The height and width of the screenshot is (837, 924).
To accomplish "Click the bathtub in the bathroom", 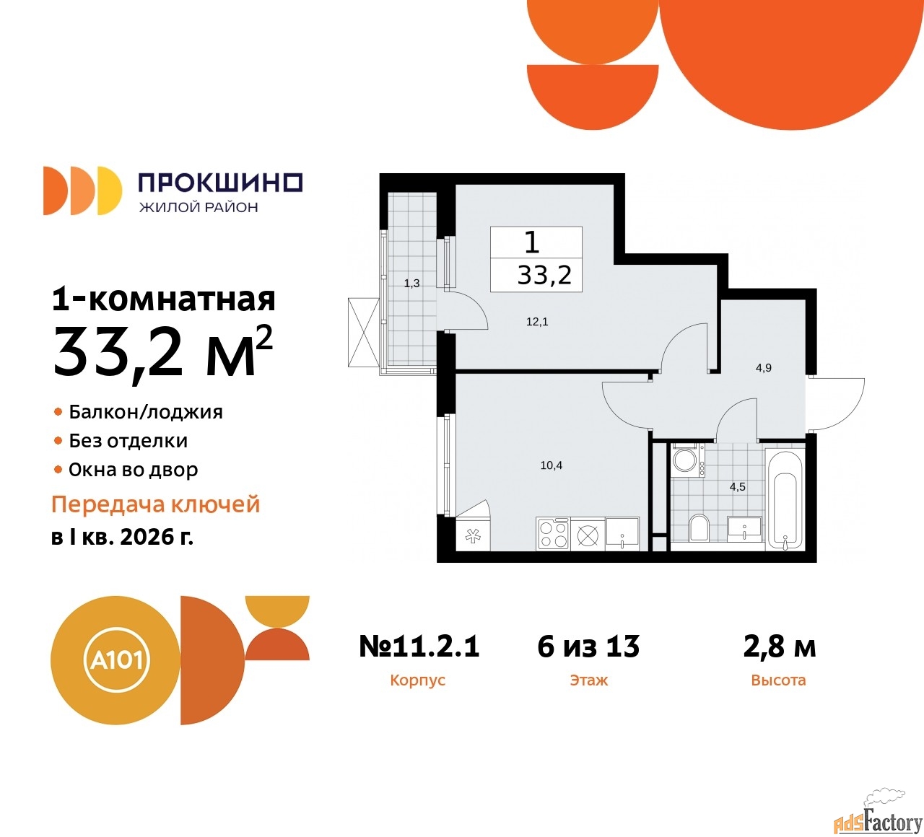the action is tap(785, 499).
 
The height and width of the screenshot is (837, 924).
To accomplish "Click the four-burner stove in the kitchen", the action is tap(553, 534).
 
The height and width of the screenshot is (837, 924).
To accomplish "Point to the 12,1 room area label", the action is tap(537, 322).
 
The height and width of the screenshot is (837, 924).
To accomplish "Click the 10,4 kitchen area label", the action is tap(551, 465).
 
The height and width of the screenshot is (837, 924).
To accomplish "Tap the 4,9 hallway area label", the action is tap(763, 368).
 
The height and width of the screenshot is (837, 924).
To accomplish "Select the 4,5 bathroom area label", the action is tap(737, 487).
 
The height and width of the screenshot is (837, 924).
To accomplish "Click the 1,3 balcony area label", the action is tap(411, 284).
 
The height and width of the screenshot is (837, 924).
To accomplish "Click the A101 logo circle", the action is tap(115, 660).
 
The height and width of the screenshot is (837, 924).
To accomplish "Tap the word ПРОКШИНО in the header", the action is tap(220, 183).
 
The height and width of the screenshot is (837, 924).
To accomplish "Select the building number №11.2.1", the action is tap(419, 647).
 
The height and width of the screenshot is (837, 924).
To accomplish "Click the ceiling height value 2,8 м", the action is tap(780, 647).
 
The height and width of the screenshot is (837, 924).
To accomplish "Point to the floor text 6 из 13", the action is tap(588, 647).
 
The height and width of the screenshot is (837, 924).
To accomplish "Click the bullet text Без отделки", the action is tap(128, 441).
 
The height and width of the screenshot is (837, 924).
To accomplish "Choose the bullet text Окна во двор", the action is tap(133, 470).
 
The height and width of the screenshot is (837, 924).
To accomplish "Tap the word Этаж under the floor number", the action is tap(588, 680).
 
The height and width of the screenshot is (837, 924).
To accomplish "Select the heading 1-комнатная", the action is tap(163, 299).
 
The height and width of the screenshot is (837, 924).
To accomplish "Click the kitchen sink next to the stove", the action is tap(622, 534).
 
